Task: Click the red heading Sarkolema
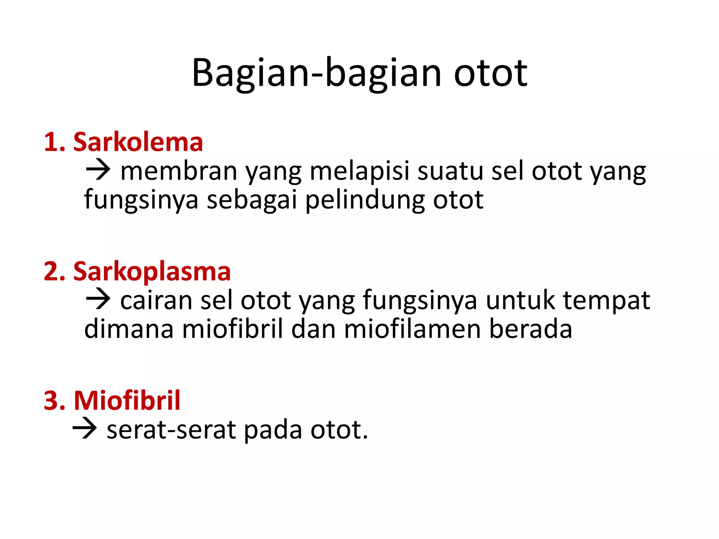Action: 138,142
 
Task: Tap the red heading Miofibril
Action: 127,400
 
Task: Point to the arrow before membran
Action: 98,170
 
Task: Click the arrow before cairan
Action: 98,299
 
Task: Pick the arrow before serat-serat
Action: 85,429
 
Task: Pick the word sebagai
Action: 252,200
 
